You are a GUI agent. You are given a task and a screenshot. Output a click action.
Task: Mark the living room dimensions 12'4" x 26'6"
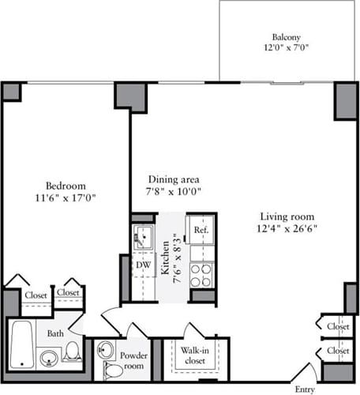(287, 229)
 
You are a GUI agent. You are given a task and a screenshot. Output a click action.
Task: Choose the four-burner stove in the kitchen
(202, 275)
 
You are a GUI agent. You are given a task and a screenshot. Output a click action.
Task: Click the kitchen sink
(143, 235)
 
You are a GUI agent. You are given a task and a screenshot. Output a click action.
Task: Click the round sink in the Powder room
(106, 349)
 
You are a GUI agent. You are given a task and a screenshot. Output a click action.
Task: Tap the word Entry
(305, 389)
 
